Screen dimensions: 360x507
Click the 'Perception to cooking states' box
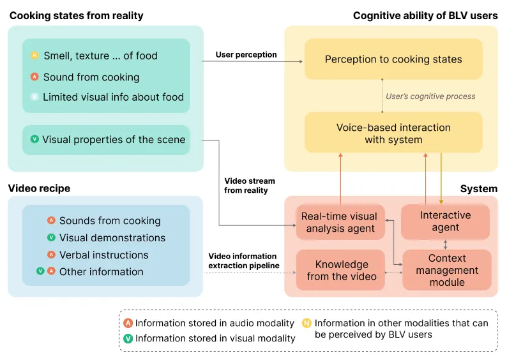(393, 59)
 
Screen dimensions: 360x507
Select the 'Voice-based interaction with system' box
(393, 133)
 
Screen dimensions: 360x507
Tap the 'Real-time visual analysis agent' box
(339, 222)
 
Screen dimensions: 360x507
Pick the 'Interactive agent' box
(445, 221)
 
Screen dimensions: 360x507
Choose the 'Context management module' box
(447, 270)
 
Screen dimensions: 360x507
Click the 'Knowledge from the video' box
(341, 270)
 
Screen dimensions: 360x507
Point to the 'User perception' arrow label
(246, 55)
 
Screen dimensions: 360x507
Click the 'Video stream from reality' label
(246, 186)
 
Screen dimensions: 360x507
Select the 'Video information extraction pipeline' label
(243, 260)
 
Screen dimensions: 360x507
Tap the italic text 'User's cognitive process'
(430, 96)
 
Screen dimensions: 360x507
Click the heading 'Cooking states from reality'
(76, 15)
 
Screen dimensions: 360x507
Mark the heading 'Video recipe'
(39, 188)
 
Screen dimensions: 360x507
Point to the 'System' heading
(478, 188)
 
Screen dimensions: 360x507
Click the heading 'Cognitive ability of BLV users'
(425, 15)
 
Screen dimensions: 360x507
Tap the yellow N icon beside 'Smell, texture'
(34, 56)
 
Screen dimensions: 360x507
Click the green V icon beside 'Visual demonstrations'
(51, 238)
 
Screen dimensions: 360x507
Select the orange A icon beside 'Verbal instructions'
(51, 255)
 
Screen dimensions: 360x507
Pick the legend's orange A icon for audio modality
(128, 324)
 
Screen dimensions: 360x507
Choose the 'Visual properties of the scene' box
(106, 140)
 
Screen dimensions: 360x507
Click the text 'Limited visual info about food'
(113, 98)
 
